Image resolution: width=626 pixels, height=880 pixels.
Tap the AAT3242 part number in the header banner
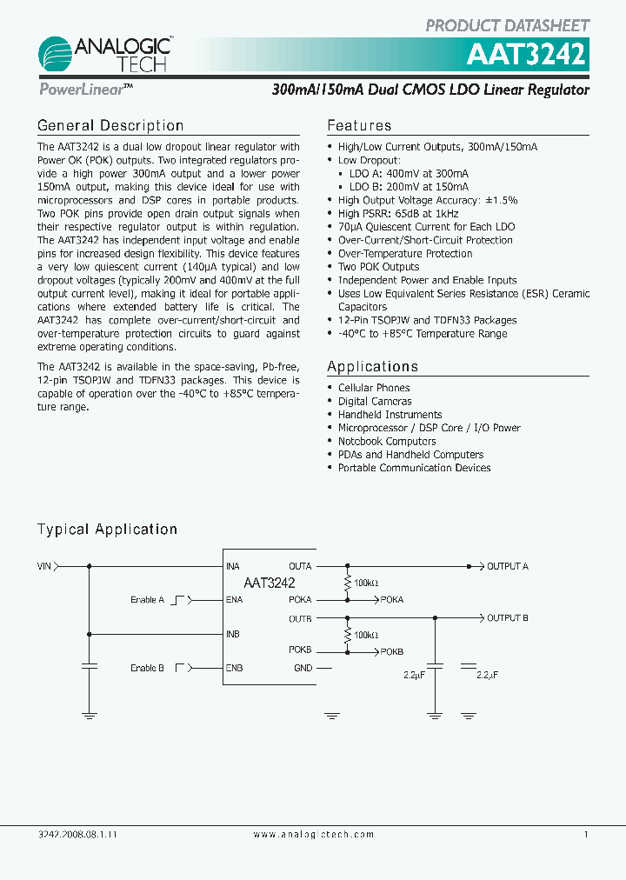(x=527, y=56)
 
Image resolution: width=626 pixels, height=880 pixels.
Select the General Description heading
(x=110, y=126)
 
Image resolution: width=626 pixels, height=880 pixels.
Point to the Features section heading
(x=359, y=126)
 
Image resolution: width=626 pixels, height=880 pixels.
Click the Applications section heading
(x=372, y=366)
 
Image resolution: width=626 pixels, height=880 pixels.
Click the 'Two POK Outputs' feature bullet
(x=378, y=267)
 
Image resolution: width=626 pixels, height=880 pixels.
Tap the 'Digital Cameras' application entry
(x=375, y=401)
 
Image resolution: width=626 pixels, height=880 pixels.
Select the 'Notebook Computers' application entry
(x=387, y=441)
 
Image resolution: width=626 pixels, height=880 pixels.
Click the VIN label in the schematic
(x=44, y=566)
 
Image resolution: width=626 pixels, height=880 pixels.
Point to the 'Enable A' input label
(x=148, y=600)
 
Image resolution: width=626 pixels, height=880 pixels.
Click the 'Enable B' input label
(x=148, y=668)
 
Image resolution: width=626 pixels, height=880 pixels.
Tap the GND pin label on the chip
(x=303, y=668)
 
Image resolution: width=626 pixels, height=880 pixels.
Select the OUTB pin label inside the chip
(x=300, y=618)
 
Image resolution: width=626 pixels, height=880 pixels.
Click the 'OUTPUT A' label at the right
(x=507, y=566)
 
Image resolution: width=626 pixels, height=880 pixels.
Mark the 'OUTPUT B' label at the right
(x=507, y=618)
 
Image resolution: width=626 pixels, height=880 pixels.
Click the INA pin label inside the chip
(x=232, y=566)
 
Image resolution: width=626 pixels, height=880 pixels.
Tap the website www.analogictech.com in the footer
(x=314, y=834)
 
